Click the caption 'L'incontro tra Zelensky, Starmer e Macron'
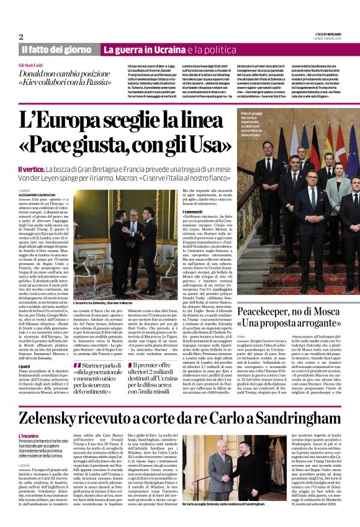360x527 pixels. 102,303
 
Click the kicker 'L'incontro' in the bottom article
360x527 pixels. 29,418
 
